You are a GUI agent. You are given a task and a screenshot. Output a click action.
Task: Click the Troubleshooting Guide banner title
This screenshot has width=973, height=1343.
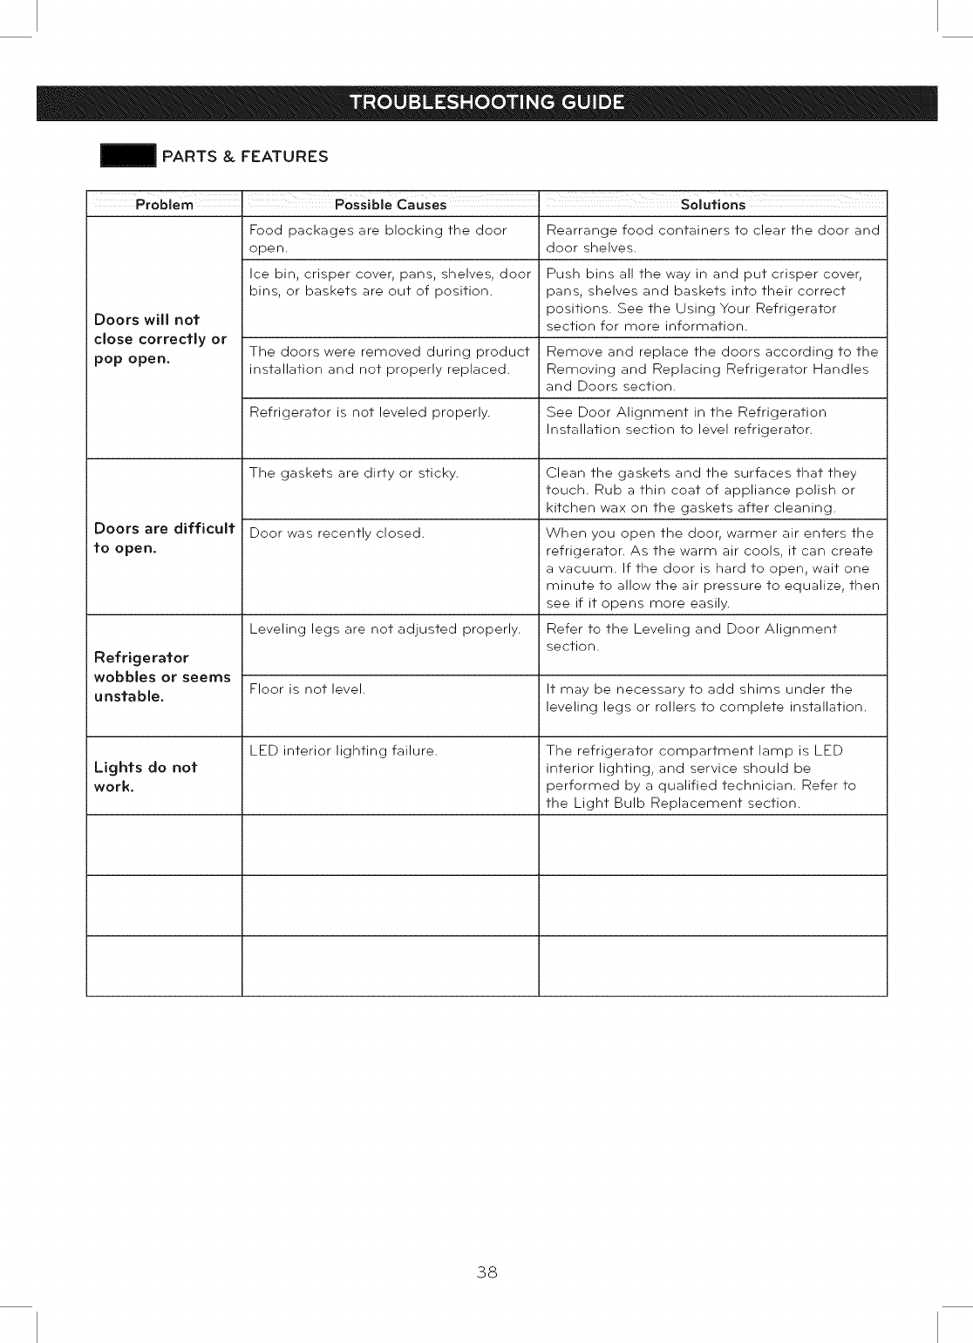click(x=486, y=103)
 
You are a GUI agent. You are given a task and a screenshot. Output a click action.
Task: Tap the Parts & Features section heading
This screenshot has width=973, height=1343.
click(x=245, y=157)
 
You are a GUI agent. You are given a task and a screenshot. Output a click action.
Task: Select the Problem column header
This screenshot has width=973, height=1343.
click(x=164, y=205)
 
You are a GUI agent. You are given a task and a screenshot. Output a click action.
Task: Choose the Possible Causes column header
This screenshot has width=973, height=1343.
click(x=391, y=205)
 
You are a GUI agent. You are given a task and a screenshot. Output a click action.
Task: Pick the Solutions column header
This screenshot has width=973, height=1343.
click(x=712, y=205)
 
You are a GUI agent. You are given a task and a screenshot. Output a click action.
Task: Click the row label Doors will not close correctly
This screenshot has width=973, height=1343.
click(x=160, y=339)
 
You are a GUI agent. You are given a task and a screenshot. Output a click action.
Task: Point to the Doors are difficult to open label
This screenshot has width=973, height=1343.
click(x=164, y=538)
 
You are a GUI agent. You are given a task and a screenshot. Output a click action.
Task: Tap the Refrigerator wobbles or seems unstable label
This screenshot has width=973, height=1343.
click(x=162, y=676)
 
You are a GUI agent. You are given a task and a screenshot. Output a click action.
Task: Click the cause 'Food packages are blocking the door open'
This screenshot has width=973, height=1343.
click(x=378, y=239)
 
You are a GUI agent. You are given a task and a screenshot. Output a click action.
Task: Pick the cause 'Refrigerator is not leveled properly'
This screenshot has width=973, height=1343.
click(x=370, y=412)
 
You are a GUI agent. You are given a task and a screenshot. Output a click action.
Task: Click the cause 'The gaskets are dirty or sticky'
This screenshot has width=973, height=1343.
click(x=354, y=473)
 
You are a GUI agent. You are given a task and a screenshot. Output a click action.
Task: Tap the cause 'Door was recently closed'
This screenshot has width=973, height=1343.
click(x=337, y=533)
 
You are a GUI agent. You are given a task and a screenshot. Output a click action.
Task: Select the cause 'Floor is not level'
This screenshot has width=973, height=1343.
click(x=307, y=689)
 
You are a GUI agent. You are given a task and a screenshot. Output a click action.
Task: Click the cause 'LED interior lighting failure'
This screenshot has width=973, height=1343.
click(x=343, y=750)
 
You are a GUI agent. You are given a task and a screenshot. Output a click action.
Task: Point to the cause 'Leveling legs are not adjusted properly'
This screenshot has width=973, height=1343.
click(x=384, y=629)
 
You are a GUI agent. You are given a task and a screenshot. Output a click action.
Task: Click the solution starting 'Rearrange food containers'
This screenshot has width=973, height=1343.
click(x=712, y=239)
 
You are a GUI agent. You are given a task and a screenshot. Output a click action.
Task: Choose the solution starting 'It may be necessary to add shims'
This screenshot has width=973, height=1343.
click(x=706, y=698)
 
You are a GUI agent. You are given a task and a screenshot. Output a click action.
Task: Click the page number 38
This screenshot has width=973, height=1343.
click(x=486, y=1272)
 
